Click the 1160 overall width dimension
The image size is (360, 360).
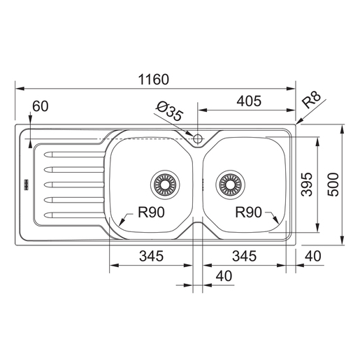pos(154,80)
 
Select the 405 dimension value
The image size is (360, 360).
pos(249,101)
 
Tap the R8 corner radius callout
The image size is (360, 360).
pos(311,99)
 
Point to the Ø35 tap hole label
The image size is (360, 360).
pos(169,111)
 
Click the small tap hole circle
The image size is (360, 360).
pos(198,139)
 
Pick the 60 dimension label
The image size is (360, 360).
pos(41,106)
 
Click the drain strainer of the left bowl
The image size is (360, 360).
pos(165,185)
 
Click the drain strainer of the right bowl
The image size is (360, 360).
pos(231,185)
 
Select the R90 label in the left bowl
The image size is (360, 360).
pos(151,213)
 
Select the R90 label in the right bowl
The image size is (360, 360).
pos(248,213)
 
